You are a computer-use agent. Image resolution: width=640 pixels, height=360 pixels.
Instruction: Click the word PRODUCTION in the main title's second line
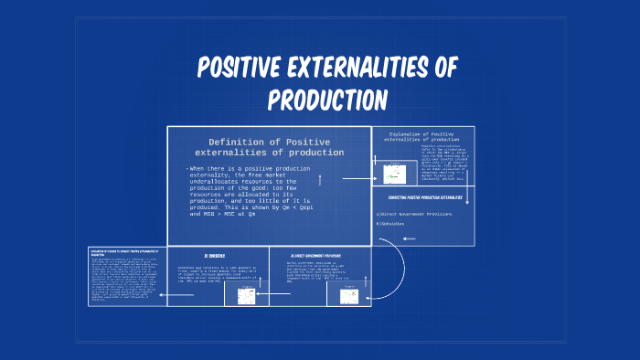click(x=327, y=100)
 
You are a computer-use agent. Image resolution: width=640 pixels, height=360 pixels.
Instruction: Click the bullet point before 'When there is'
click(x=187, y=170)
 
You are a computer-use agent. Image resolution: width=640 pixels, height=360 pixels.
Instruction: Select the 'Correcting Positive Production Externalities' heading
click(x=423, y=196)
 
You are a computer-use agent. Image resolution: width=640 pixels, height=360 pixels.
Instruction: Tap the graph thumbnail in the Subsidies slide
click(x=246, y=296)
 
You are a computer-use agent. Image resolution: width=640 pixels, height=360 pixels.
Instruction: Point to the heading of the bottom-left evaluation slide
click(x=126, y=251)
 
